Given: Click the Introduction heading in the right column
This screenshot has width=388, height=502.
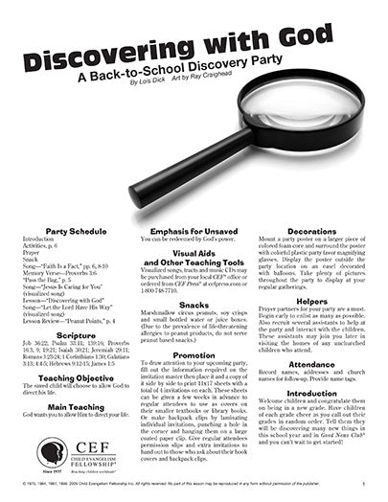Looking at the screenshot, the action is [311, 393].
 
